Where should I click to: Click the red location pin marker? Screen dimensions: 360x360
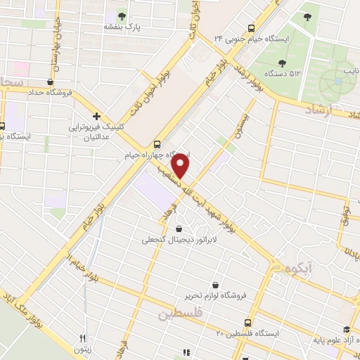pyautogui.click(x=181, y=167)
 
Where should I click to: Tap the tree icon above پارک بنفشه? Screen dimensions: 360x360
pyautogui.click(x=122, y=15)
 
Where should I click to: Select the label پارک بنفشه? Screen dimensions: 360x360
pyautogui.click(x=122, y=27)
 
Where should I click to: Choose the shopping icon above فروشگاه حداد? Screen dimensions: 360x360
pyautogui.click(x=50, y=81)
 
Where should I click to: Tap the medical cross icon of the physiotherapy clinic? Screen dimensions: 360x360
pyautogui.click(x=96, y=115)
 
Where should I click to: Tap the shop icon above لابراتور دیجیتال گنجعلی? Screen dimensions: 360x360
pyautogui.click(x=179, y=229)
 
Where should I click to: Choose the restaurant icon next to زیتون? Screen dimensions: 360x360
pyautogui.click(x=83, y=338)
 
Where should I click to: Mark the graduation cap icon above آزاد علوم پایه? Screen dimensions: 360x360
pyautogui.click(x=346, y=330)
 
